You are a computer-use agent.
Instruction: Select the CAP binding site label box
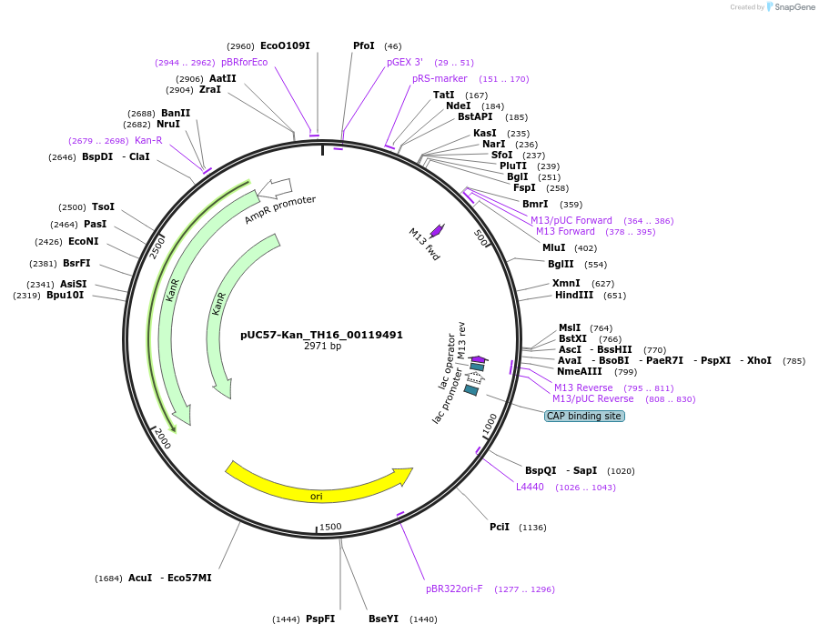pos(584,416)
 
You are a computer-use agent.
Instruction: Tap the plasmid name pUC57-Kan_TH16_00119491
pos(321,335)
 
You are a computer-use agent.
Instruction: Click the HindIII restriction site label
pos(574,295)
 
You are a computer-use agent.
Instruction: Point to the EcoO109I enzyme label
pos(285,45)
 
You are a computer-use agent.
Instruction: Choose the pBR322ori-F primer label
pos(454,589)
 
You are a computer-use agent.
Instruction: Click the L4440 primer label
pos(530,487)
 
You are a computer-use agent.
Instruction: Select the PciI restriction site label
pos(500,527)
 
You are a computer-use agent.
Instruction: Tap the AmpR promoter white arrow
pos(275,188)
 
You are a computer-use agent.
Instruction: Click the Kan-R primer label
pos(148,140)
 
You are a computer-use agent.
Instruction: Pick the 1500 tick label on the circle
pos(330,527)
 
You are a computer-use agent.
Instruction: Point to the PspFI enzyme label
pos(320,619)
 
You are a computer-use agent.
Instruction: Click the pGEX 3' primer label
pos(405,62)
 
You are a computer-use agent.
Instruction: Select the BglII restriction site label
pos(561,264)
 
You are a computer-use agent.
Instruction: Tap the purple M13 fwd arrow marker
pos(437,231)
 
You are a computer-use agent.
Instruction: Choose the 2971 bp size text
pos(322,346)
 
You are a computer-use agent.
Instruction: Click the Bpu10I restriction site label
pos(65,295)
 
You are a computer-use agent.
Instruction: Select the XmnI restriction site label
pos(566,283)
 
